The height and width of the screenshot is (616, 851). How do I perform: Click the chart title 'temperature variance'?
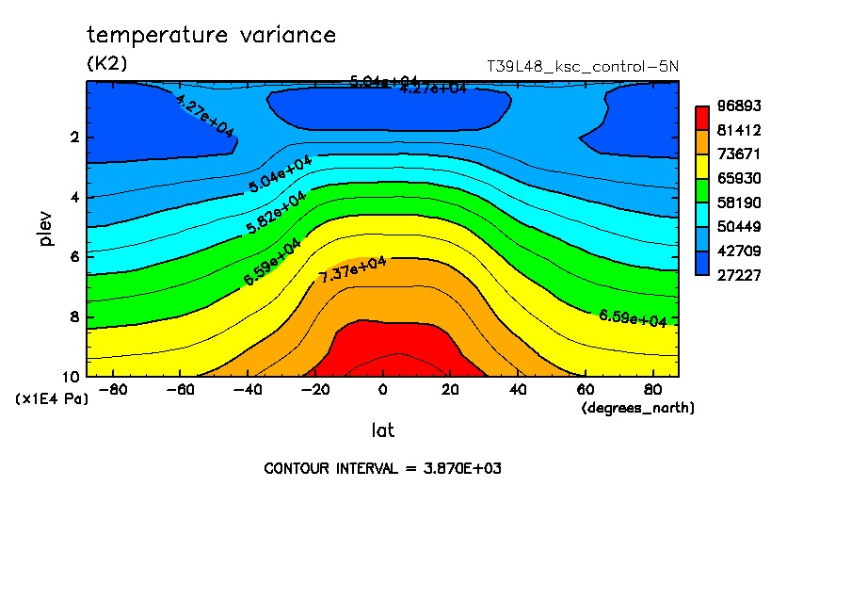(x=211, y=36)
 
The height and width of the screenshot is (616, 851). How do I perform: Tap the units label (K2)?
(x=106, y=63)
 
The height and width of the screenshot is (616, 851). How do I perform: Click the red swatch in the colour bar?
(x=701, y=118)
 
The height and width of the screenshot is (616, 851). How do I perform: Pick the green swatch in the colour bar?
(x=701, y=190)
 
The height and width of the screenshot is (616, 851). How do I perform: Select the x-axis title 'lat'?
(x=382, y=430)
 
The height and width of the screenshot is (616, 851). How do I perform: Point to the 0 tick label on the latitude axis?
(x=382, y=389)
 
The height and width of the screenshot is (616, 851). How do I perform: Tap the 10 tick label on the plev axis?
(x=72, y=376)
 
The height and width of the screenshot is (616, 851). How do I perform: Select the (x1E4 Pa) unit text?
(x=52, y=399)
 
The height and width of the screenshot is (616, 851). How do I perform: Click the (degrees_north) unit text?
(x=638, y=408)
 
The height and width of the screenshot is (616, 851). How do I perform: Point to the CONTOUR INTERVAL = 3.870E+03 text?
(x=382, y=468)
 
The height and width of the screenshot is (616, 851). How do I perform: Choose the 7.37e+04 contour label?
(x=353, y=269)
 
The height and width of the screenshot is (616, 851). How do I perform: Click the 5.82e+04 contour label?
(x=275, y=214)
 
